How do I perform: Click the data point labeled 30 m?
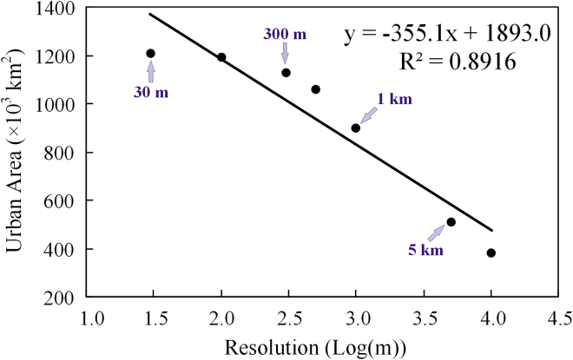(x=150, y=54)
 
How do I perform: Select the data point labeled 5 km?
(x=451, y=222)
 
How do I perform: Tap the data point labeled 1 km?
(x=355, y=128)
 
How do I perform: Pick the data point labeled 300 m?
(x=286, y=73)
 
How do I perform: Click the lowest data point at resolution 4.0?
(x=491, y=253)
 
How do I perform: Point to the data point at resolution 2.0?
(x=221, y=57)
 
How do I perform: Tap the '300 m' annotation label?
(x=285, y=33)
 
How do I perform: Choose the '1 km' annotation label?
(x=394, y=98)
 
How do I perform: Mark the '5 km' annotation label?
(x=426, y=251)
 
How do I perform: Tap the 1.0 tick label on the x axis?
(x=88, y=317)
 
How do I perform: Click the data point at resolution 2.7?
(x=316, y=89)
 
